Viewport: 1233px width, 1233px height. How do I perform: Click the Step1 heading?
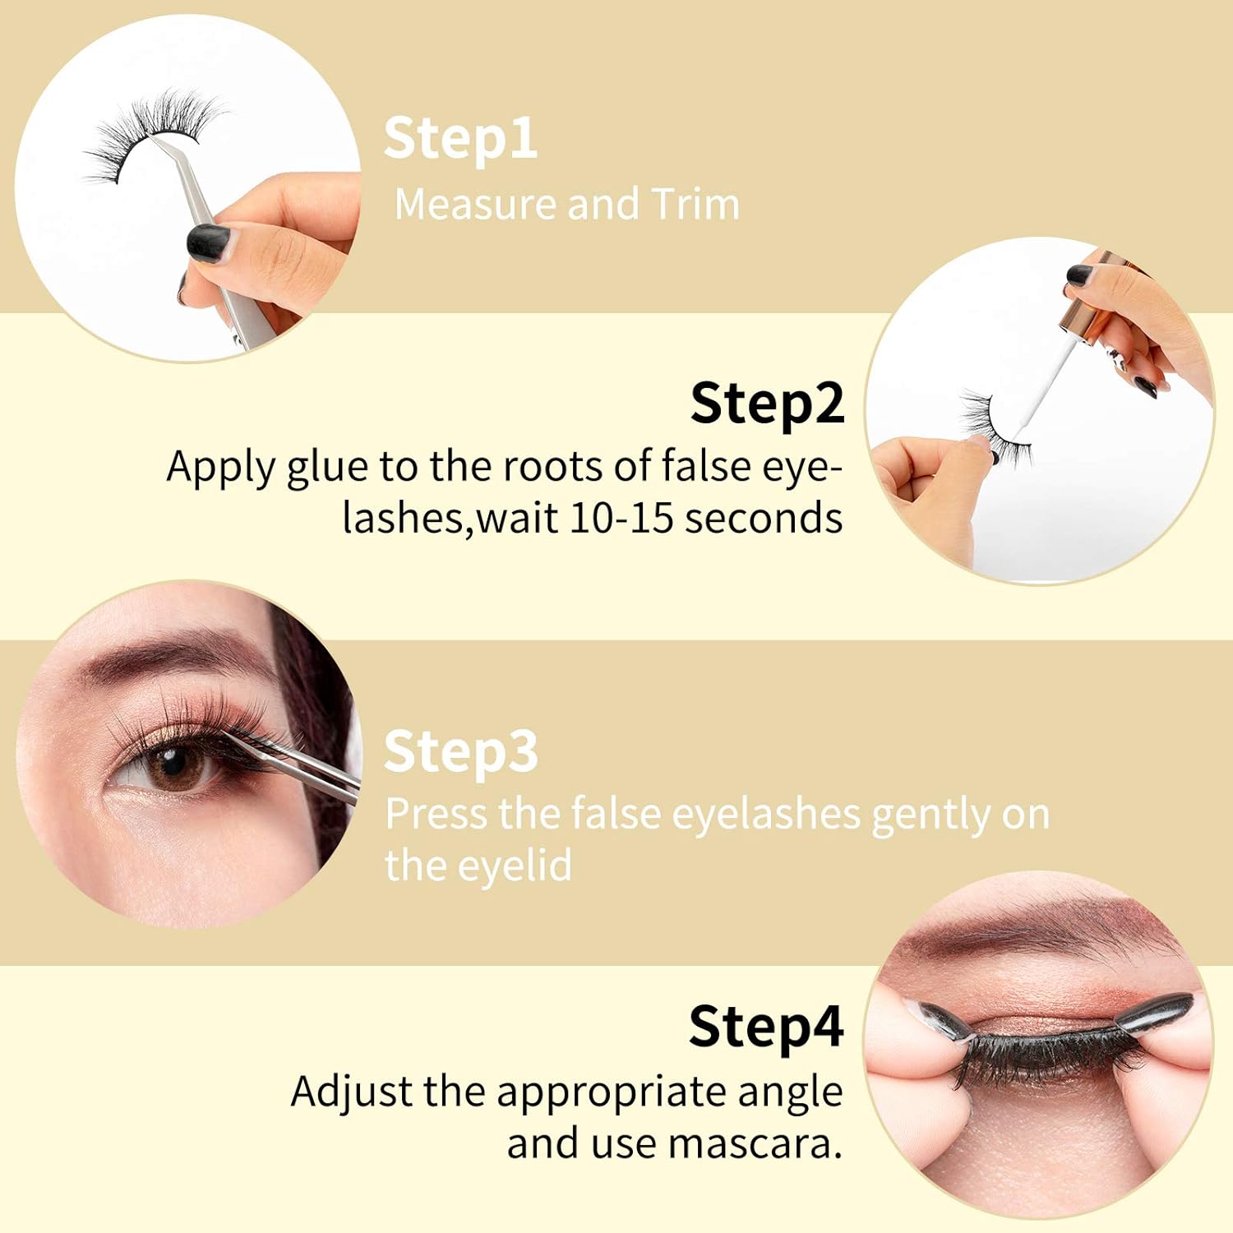tap(460, 138)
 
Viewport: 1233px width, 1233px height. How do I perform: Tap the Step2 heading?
tap(767, 404)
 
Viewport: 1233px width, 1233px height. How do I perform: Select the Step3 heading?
tap(460, 751)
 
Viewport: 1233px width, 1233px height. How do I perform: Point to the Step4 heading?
tap(766, 1027)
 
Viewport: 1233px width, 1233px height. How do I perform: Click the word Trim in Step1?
tap(695, 204)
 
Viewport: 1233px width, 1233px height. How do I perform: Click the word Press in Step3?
tap(436, 814)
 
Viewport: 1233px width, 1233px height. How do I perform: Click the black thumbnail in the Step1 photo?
tap(207, 243)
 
